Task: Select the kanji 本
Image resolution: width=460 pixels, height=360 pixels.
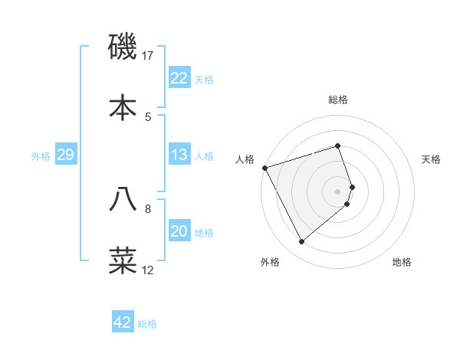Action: pyautogui.click(x=123, y=107)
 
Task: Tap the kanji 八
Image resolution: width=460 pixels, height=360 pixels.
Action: pyautogui.click(x=123, y=199)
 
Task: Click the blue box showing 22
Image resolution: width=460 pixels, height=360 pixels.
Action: pyautogui.click(x=179, y=78)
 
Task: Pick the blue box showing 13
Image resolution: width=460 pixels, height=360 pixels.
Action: pyautogui.click(x=179, y=155)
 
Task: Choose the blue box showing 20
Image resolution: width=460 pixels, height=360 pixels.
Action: pyautogui.click(x=179, y=232)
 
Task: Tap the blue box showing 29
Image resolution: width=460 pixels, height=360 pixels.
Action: pyautogui.click(x=65, y=155)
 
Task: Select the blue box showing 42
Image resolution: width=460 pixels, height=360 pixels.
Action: pyautogui.click(x=123, y=322)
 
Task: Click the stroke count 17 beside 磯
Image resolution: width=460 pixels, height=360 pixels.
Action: pyautogui.click(x=148, y=55)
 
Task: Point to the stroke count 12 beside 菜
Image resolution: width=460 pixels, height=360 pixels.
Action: pyautogui.click(x=148, y=270)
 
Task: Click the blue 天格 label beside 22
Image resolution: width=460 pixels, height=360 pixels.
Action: pyautogui.click(x=204, y=79)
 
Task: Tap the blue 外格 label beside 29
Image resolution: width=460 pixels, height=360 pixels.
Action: pyautogui.click(x=41, y=155)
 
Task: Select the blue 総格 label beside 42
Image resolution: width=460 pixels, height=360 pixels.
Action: pyautogui.click(x=147, y=323)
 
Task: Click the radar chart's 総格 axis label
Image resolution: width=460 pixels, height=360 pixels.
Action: pyautogui.click(x=338, y=100)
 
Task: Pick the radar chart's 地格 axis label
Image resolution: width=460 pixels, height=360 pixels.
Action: pyautogui.click(x=402, y=262)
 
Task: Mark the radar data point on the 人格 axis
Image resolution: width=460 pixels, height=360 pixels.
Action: pyautogui.click(x=264, y=167)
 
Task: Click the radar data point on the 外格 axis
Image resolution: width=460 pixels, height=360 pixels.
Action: pyautogui.click(x=301, y=241)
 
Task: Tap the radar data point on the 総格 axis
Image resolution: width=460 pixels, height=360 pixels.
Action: pyautogui.click(x=338, y=146)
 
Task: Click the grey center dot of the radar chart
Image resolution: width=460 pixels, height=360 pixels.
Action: pyautogui.click(x=338, y=191)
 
